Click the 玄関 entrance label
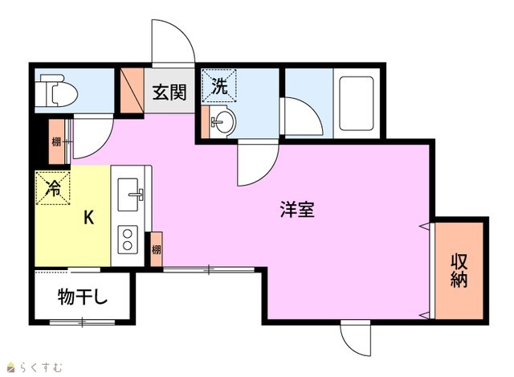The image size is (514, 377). click(169, 92)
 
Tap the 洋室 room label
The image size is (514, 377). click(297, 210)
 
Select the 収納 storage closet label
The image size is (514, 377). click(459, 271)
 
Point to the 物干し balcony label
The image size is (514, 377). click(83, 297)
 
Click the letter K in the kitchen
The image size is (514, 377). click(88, 217)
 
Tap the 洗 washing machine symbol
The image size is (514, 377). click(219, 86)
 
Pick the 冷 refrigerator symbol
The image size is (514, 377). click(53, 188)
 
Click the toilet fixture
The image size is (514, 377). click(56, 91)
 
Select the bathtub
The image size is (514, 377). click(357, 104)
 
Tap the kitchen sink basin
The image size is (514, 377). click(128, 195)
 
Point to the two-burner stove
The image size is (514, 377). click(128, 240)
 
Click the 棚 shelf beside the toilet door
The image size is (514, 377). click(56, 141)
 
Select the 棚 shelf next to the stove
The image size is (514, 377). click(156, 249)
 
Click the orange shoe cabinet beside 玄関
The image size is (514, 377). click(132, 91)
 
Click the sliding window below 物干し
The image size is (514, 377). click(82, 322)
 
